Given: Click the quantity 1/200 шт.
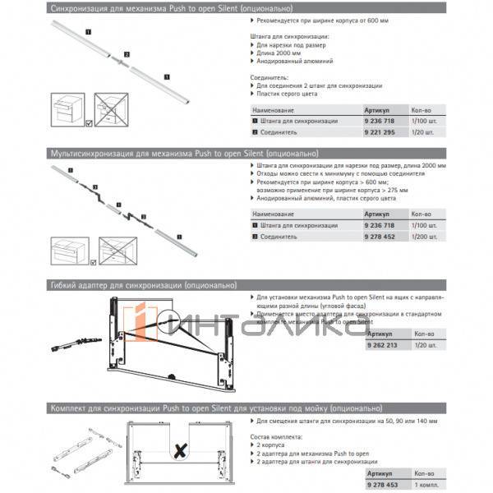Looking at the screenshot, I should [x=426, y=236].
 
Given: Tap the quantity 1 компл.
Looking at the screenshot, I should [x=426, y=485].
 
